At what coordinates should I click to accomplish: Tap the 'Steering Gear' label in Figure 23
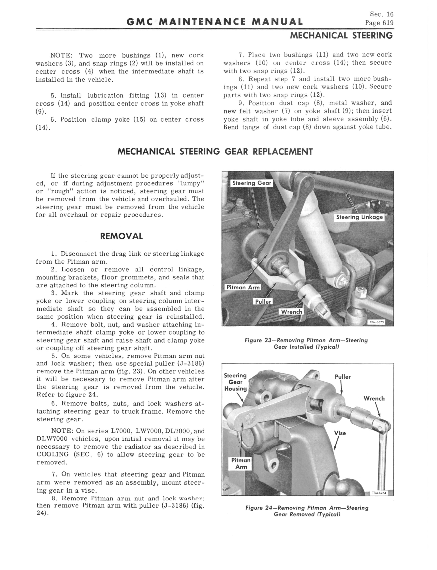click(x=251, y=183)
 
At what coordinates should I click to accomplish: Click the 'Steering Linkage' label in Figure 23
click(x=359, y=217)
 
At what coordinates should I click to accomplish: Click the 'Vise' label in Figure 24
click(x=340, y=433)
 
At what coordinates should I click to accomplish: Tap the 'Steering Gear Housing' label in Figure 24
click(x=235, y=382)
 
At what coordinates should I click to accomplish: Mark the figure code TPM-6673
click(x=377, y=323)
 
